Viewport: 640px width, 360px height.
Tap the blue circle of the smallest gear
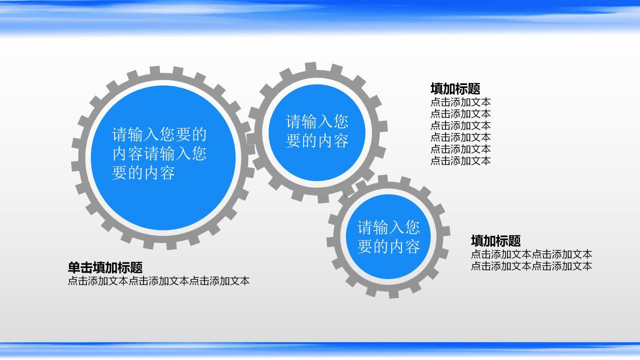click(388, 265)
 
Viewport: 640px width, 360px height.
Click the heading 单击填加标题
click(105, 268)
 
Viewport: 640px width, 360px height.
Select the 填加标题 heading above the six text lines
click(455, 89)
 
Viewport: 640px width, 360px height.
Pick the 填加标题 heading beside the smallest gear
click(495, 241)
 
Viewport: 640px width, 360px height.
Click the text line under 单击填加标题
click(158, 281)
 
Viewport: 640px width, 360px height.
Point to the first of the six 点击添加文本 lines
click(460, 102)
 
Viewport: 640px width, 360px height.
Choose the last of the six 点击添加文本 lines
click(460, 160)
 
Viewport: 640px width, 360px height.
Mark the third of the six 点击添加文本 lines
click(460, 125)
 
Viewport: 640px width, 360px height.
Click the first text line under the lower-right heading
click(531, 254)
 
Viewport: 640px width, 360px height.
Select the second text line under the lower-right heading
click(531, 266)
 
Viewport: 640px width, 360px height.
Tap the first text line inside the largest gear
click(159, 134)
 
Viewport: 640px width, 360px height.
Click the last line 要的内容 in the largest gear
click(143, 173)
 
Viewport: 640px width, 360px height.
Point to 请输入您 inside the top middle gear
click(317, 121)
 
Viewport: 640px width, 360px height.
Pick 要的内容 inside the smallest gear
click(388, 246)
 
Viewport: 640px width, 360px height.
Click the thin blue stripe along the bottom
click(320, 344)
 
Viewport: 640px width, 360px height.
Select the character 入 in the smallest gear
click(396, 227)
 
